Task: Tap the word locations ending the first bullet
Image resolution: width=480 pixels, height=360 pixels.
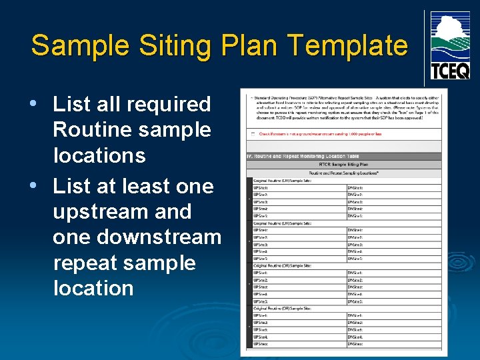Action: click(99, 155)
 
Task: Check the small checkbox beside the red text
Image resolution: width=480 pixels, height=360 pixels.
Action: click(253, 133)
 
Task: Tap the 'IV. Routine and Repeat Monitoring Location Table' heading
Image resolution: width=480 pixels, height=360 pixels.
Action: click(303, 156)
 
